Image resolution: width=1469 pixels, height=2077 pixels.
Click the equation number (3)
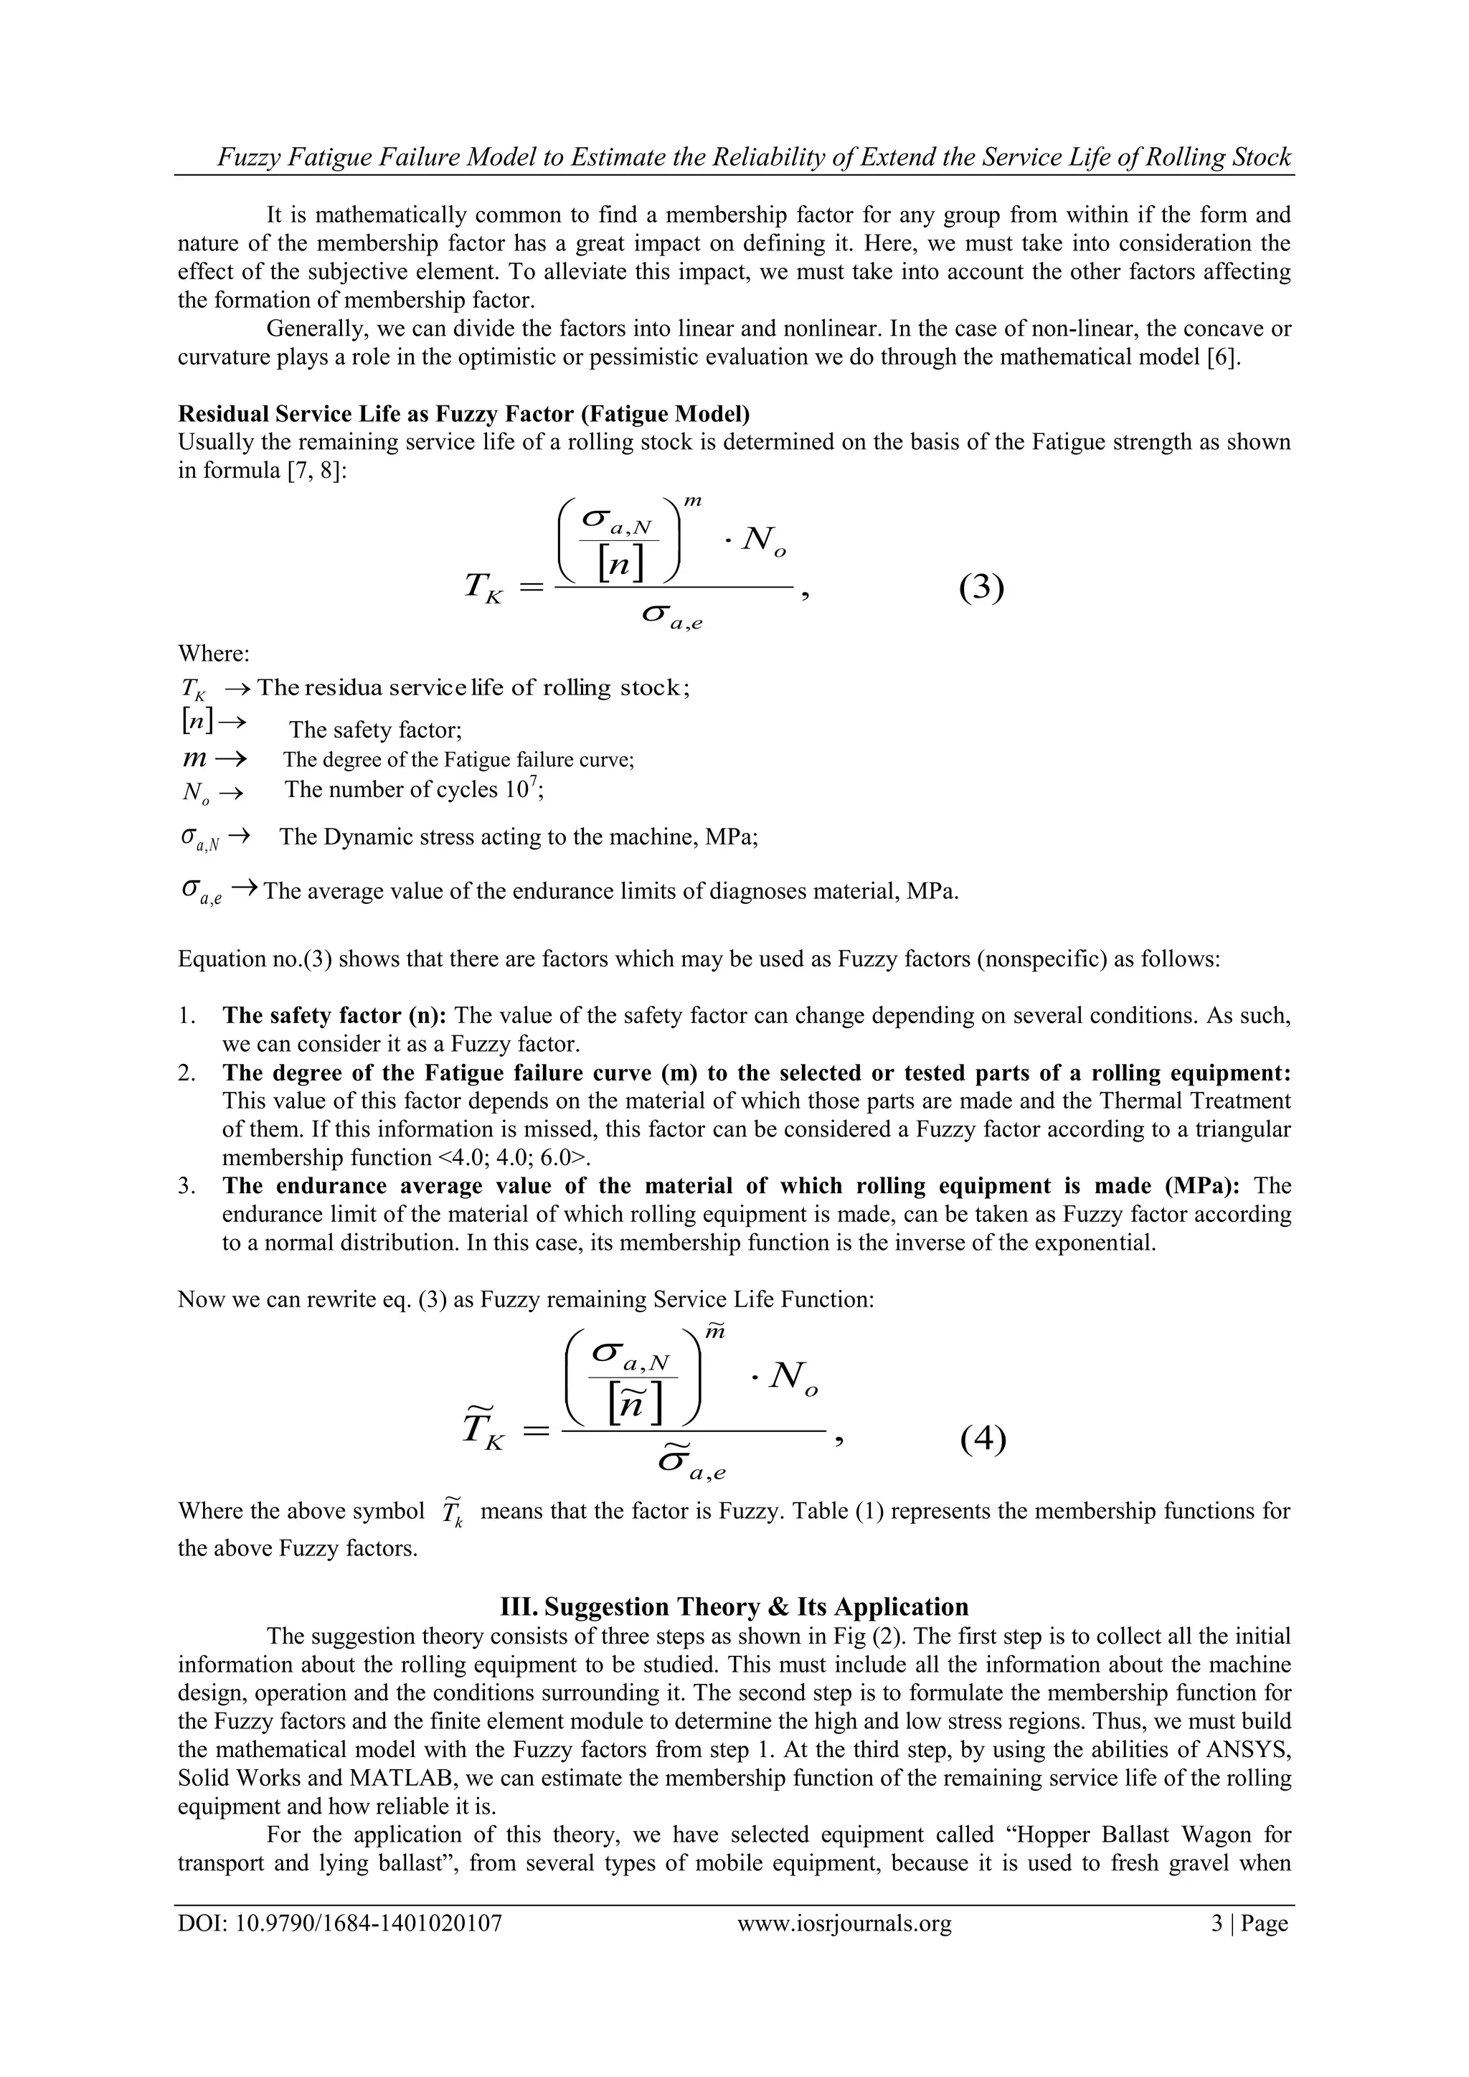pos(981,589)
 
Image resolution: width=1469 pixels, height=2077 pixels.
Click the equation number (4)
pos(983,1438)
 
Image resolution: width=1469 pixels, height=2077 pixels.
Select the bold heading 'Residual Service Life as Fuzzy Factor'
pos(463,413)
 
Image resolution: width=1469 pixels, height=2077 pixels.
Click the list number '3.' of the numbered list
pos(187,1186)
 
